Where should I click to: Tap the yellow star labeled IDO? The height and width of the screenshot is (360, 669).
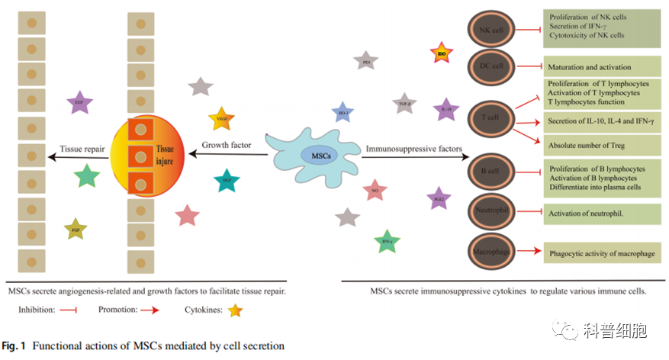click(442, 53)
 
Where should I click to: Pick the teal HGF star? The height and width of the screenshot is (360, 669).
click(227, 182)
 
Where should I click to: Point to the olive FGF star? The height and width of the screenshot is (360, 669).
click(76, 228)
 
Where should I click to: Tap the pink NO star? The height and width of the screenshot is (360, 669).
click(375, 190)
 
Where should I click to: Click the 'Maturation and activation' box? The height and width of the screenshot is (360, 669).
click(602, 66)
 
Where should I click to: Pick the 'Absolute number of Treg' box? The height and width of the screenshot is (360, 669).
click(602, 144)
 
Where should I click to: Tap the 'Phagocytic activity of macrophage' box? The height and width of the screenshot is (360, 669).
click(602, 252)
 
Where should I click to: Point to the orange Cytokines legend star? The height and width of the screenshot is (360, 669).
click(235, 311)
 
